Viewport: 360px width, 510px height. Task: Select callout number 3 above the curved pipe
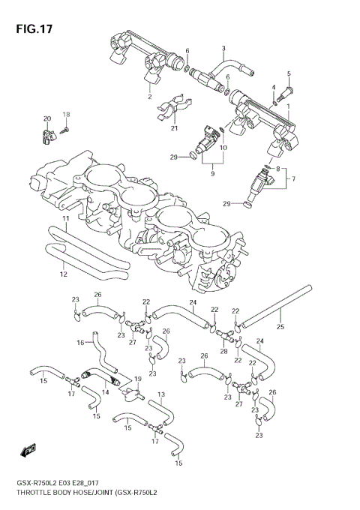[x=223, y=49]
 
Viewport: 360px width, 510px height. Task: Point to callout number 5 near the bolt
[x=289, y=73]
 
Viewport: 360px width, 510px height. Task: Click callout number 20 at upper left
[x=46, y=119]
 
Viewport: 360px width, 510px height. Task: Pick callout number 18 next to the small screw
[x=66, y=115]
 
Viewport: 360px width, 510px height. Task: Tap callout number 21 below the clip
[x=173, y=128]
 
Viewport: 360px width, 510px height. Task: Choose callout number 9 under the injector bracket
[x=211, y=173]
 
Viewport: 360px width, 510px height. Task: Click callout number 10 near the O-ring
[x=223, y=147]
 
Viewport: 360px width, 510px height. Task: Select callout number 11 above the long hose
[x=65, y=218]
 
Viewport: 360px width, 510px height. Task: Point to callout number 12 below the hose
[x=63, y=274]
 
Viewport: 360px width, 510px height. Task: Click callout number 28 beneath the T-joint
[x=223, y=350]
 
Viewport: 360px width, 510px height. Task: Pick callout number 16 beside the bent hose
[x=79, y=343]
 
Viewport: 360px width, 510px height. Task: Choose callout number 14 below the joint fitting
[x=105, y=391]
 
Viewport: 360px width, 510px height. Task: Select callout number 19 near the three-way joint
[x=137, y=379]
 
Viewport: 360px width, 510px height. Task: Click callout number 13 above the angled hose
[x=160, y=394]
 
